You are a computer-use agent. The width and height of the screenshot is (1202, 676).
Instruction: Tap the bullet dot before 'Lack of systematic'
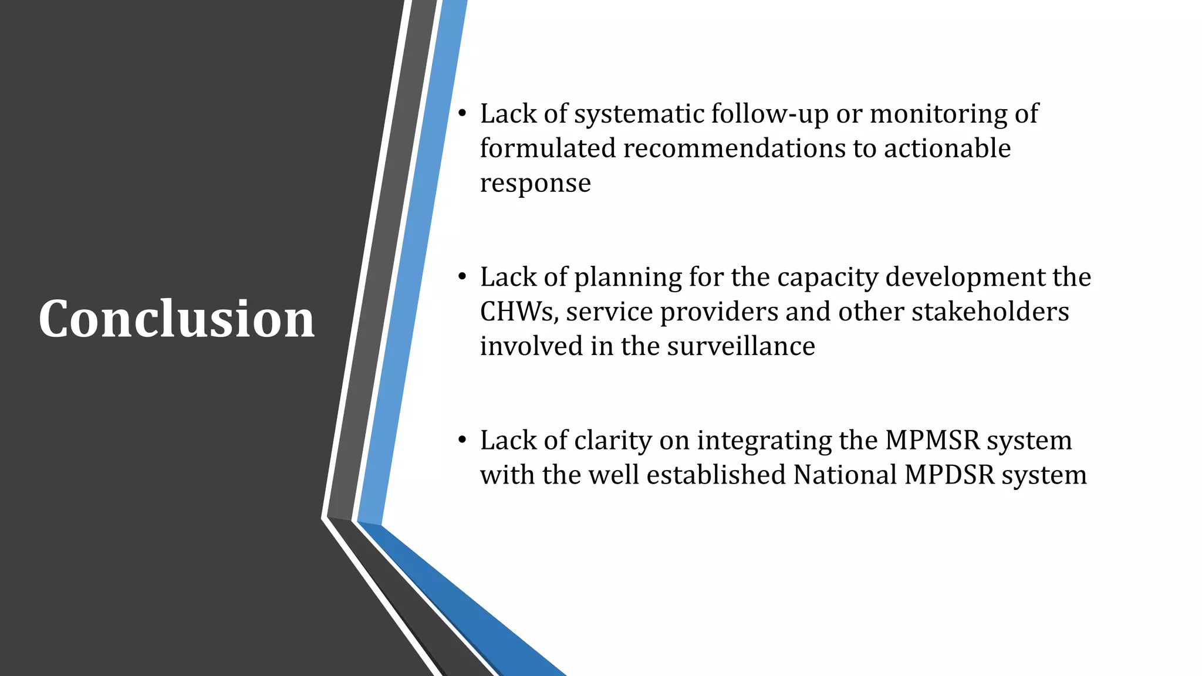tap(462, 113)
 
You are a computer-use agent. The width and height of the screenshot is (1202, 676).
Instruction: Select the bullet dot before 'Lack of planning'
tap(462, 276)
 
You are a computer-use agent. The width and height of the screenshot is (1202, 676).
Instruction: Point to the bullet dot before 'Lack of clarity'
tap(462, 439)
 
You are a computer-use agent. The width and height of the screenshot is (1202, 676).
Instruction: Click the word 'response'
tap(535, 184)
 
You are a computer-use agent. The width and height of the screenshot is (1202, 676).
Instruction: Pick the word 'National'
tap(845, 475)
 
